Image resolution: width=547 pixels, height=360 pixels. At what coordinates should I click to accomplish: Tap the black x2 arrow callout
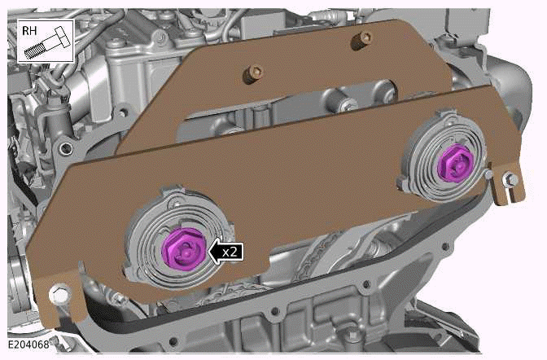point(227,252)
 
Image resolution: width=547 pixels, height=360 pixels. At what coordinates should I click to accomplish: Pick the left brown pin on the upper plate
point(252,76)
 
